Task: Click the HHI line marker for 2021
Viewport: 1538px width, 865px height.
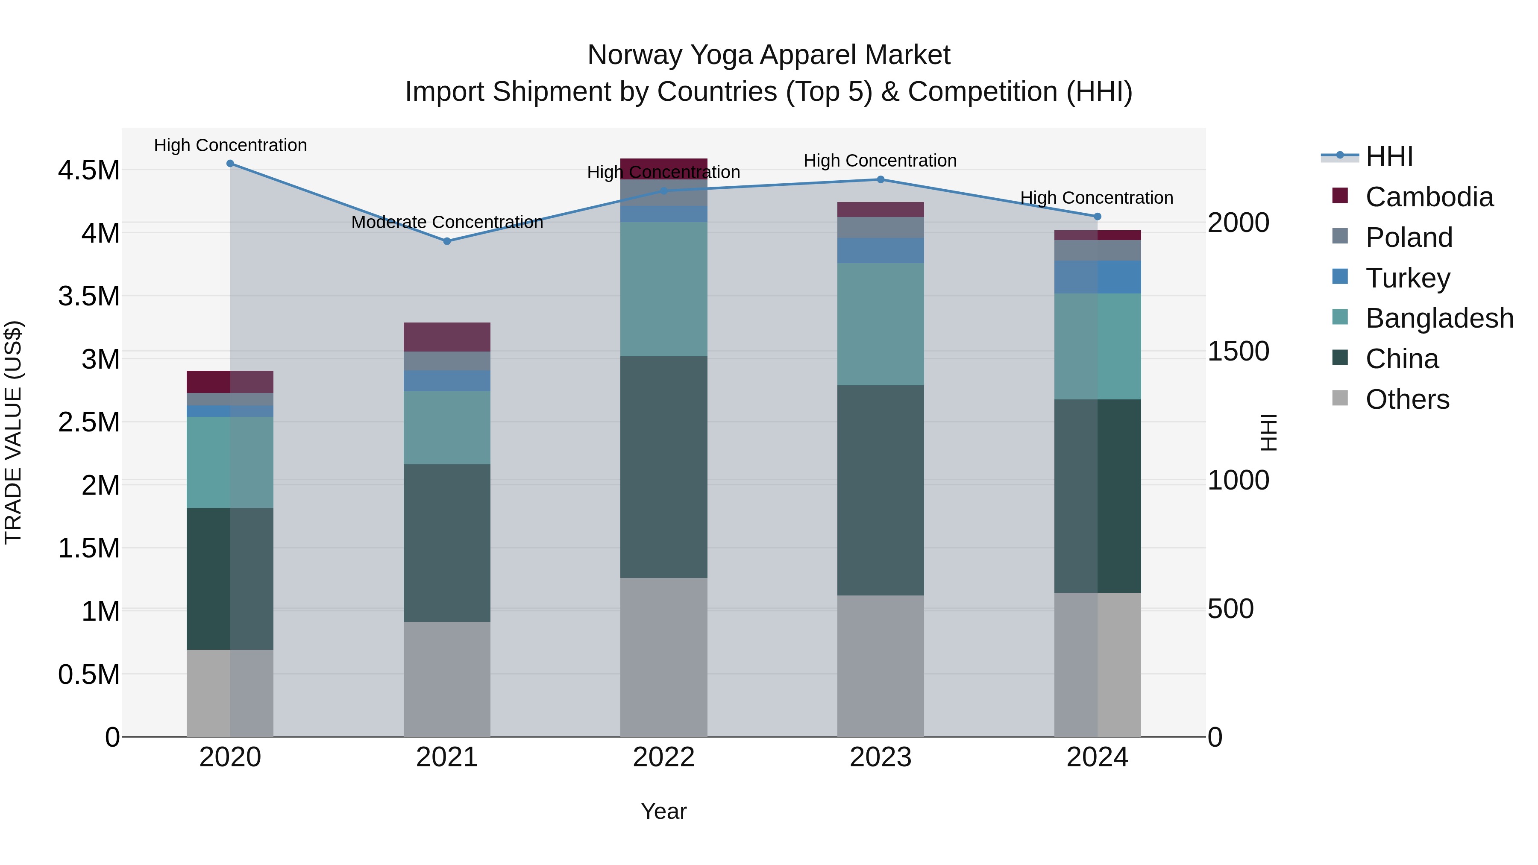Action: (x=446, y=241)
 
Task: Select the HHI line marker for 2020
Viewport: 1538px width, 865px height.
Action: (x=230, y=163)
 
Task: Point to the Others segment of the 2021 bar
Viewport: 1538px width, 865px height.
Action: (x=446, y=679)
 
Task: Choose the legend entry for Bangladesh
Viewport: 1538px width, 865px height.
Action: (x=1439, y=318)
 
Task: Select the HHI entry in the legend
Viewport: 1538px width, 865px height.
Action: (x=1389, y=156)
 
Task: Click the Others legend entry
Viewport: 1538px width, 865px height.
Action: (x=1407, y=399)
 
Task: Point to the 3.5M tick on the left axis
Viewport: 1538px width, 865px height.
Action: (x=88, y=296)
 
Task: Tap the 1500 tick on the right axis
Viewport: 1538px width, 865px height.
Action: (x=1238, y=352)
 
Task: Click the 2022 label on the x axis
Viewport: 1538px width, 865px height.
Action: (x=663, y=757)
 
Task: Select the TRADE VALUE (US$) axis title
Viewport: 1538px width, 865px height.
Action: (x=13, y=432)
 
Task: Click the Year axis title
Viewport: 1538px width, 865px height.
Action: (x=663, y=811)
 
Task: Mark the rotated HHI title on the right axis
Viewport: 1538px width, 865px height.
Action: (x=1268, y=432)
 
